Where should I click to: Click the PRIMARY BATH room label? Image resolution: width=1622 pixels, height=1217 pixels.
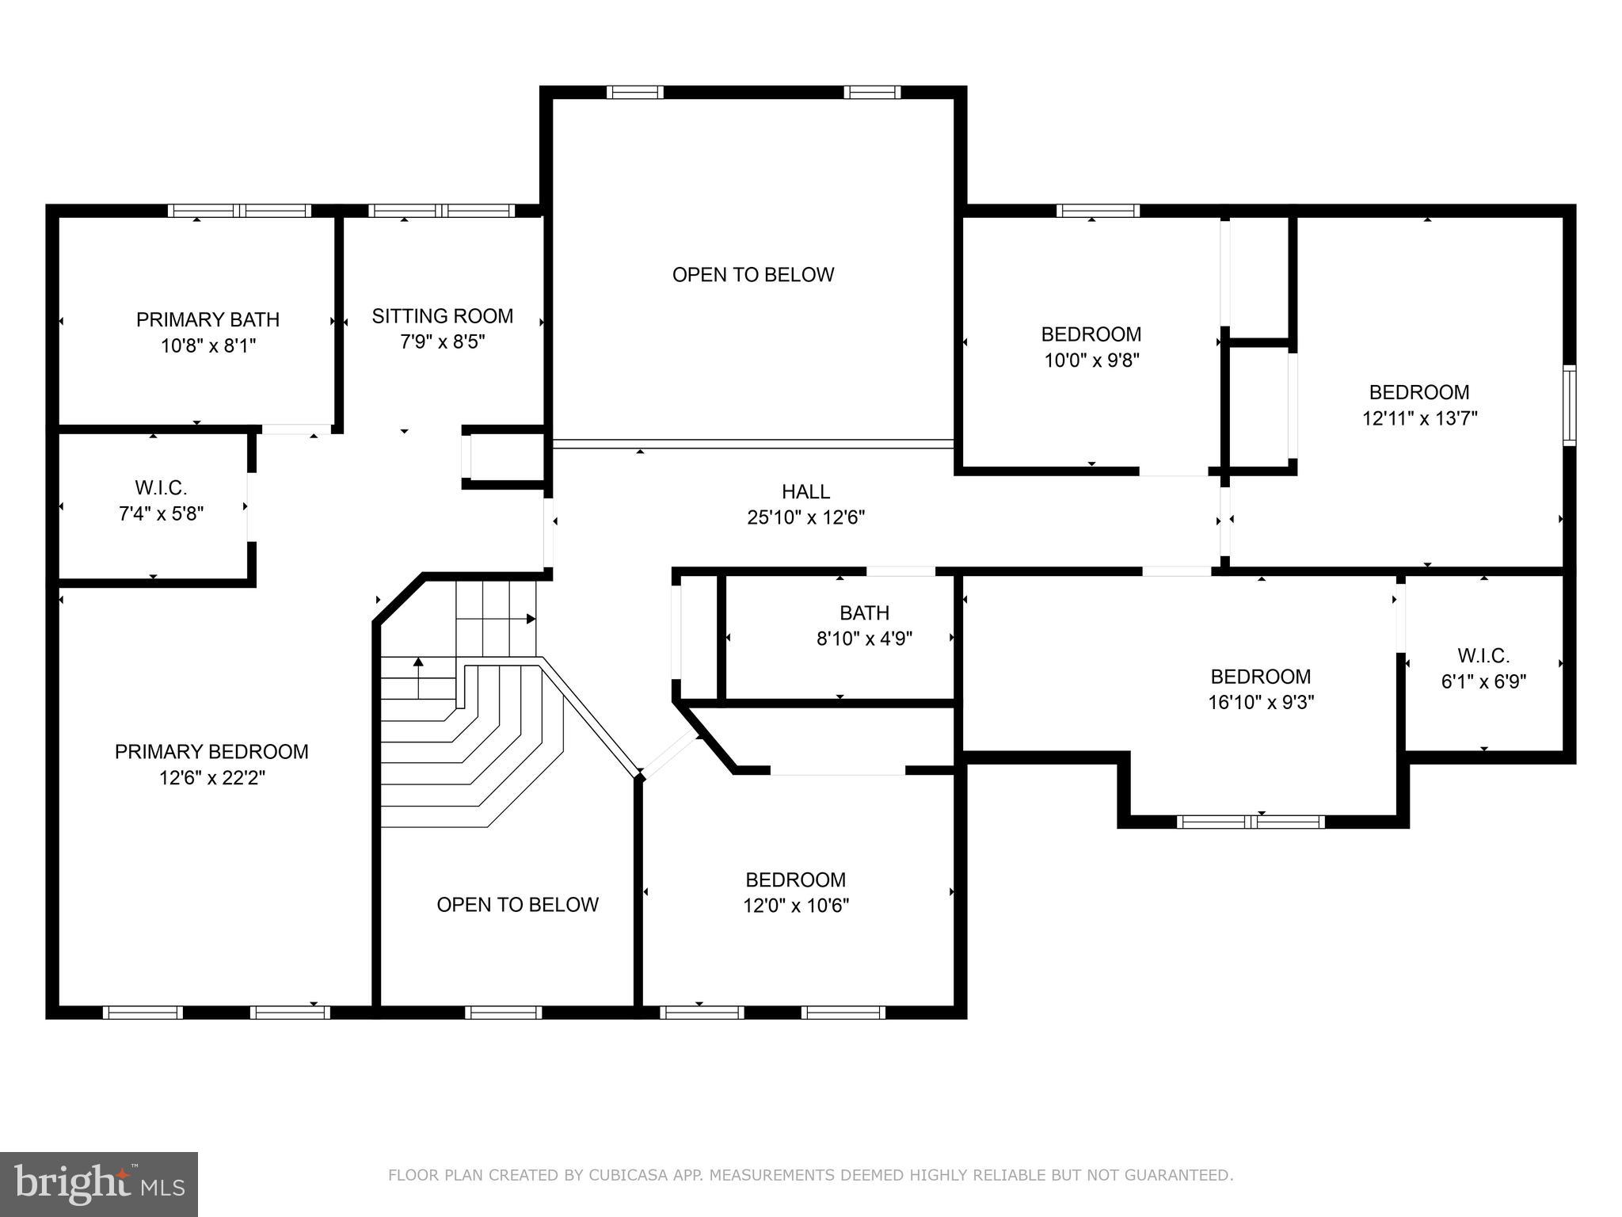pyautogui.click(x=208, y=320)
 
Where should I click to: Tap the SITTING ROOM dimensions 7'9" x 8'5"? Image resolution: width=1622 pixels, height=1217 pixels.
pyautogui.click(x=442, y=342)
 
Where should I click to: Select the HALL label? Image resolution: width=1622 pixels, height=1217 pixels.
pyautogui.click(x=805, y=492)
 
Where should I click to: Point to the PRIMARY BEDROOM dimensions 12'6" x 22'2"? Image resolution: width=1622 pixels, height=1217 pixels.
pyautogui.click(x=211, y=778)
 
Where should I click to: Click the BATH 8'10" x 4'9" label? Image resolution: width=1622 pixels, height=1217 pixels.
pyautogui.click(x=864, y=625)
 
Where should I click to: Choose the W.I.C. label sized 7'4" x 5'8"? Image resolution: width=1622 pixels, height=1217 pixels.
pyautogui.click(x=161, y=500)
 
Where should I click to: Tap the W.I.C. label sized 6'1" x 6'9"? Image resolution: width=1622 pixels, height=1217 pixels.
pyautogui.click(x=1483, y=668)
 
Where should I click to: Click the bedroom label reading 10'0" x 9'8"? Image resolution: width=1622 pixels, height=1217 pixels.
pyautogui.click(x=1091, y=347)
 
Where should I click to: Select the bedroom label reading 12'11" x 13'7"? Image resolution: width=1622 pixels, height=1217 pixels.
pyautogui.click(x=1419, y=405)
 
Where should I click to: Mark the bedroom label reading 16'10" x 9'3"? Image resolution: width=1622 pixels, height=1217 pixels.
pyautogui.click(x=1260, y=689)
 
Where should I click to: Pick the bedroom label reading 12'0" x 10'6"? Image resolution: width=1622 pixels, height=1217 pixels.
pyautogui.click(x=795, y=892)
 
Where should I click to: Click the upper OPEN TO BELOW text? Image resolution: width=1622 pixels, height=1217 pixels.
pyautogui.click(x=752, y=275)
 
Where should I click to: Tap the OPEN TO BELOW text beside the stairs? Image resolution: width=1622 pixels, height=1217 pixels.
pyautogui.click(x=517, y=905)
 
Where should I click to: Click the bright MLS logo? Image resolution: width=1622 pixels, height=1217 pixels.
pyautogui.click(x=98, y=1184)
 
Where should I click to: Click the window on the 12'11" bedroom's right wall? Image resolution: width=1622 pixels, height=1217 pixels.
pyautogui.click(x=1569, y=405)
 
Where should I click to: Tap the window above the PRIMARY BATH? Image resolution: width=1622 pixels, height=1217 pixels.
pyautogui.click(x=240, y=211)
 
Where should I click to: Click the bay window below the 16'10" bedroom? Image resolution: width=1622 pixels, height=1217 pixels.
pyautogui.click(x=1251, y=822)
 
